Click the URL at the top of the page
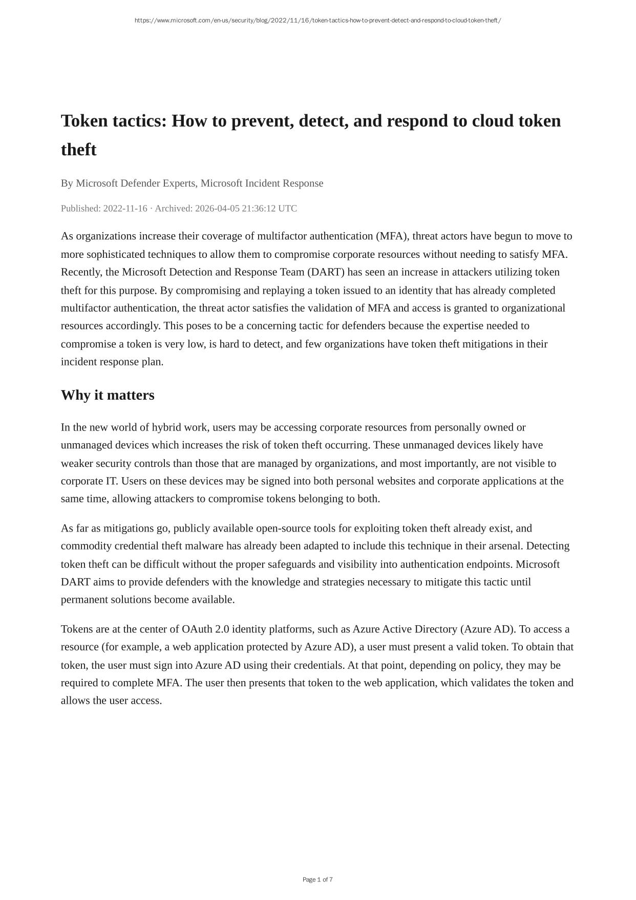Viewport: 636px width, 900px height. pos(317,21)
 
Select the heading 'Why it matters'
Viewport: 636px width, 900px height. pos(108,395)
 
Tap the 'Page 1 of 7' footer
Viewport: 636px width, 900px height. pos(317,879)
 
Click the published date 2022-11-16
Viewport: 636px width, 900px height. pos(125,208)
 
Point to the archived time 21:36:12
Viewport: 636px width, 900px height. pos(259,208)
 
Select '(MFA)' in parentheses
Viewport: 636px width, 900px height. pos(392,236)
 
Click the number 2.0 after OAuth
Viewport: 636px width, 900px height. pos(222,629)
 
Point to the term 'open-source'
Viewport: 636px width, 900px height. pos(283,528)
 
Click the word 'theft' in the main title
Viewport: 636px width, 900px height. pos(78,150)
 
